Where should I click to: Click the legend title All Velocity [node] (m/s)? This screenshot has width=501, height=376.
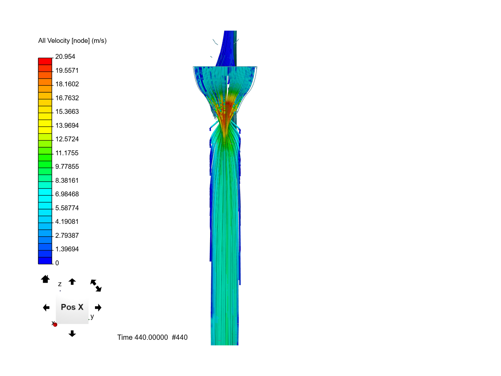pyautogui.click(x=72, y=41)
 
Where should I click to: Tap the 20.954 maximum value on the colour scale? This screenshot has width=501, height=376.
pyautogui.click(x=65, y=56)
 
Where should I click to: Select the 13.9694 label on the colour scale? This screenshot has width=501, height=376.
pyautogui.click(x=67, y=125)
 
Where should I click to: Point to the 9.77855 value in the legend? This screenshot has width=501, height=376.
pyautogui.click(x=67, y=166)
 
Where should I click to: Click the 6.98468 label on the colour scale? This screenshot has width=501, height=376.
pyautogui.click(x=67, y=194)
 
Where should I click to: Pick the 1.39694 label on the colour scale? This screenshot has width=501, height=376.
pyautogui.click(x=67, y=249)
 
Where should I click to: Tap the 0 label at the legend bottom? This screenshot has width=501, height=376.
pyautogui.click(x=57, y=263)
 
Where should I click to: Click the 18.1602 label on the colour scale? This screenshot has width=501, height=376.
pyautogui.click(x=67, y=84)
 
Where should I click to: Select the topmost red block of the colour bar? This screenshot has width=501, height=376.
pyautogui.click(x=45, y=61)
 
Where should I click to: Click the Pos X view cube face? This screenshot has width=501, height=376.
pyautogui.click(x=72, y=307)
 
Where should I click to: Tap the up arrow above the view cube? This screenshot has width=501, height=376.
pyautogui.click(x=72, y=281)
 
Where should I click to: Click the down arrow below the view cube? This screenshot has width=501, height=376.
pyautogui.click(x=72, y=334)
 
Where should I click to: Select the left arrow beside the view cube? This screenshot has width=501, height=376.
pyautogui.click(x=46, y=307)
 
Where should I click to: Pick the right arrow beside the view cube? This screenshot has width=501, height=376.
pyautogui.click(x=98, y=307)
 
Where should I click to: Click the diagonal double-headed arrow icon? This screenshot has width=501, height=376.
pyautogui.click(x=96, y=285)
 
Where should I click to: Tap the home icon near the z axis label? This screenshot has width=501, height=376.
pyautogui.click(x=45, y=279)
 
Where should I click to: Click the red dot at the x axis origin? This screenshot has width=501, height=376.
pyautogui.click(x=55, y=324)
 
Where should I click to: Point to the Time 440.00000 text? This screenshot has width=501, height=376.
pyautogui.click(x=142, y=337)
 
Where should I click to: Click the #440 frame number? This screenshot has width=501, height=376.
pyautogui.click(x=180, y=337)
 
